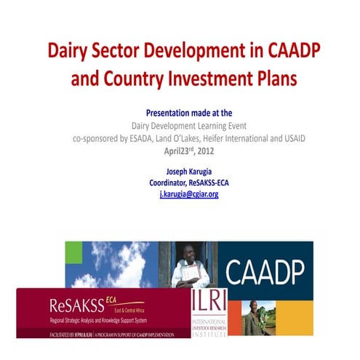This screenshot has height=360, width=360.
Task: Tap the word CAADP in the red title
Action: click(280, 52)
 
